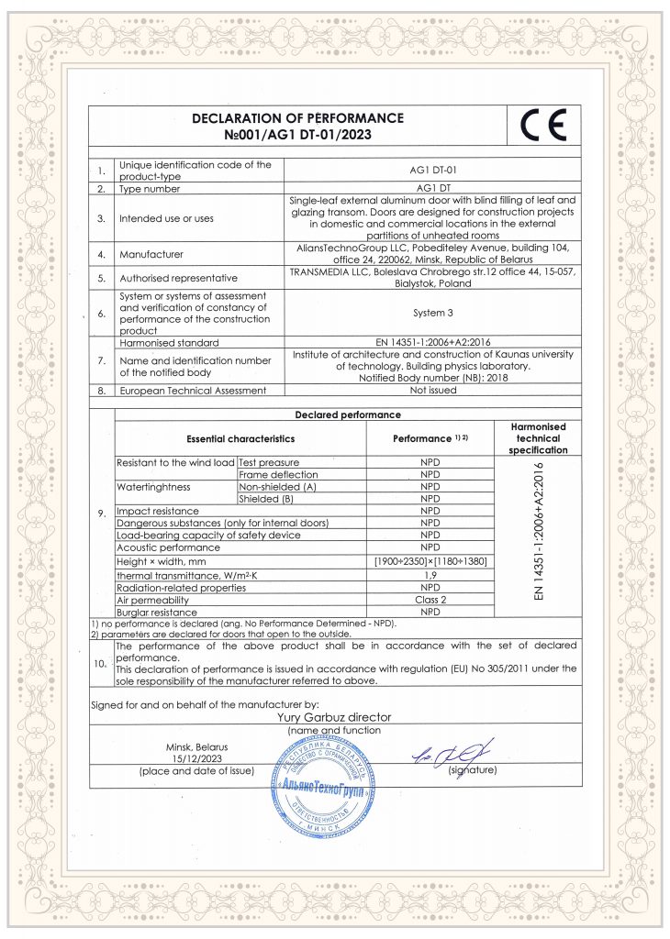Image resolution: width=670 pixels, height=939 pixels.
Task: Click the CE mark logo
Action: (543, 125)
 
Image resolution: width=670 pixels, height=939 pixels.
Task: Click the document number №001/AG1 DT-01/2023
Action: (298, 135)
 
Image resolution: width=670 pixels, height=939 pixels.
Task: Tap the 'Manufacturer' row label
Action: (151, 253)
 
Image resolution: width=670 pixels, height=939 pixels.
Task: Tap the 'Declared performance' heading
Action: (347, 414)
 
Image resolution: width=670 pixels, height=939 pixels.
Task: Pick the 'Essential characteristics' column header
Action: (240, 439)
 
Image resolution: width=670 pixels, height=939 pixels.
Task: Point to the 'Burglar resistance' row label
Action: (157, 612)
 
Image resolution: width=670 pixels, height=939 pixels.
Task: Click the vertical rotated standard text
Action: (538, 532)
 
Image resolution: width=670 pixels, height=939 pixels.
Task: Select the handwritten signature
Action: (452, 755)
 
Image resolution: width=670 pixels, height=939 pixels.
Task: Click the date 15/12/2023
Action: (193, 758)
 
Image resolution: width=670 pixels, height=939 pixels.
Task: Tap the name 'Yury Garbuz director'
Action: (334, 717)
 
